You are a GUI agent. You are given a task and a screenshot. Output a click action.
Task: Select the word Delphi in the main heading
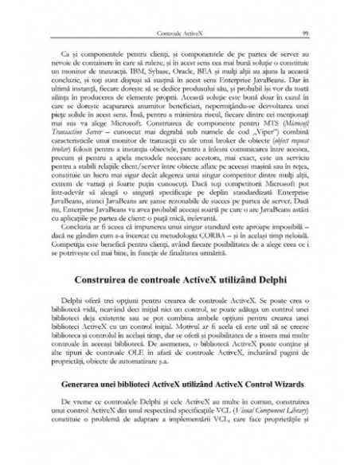[263, 280]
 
